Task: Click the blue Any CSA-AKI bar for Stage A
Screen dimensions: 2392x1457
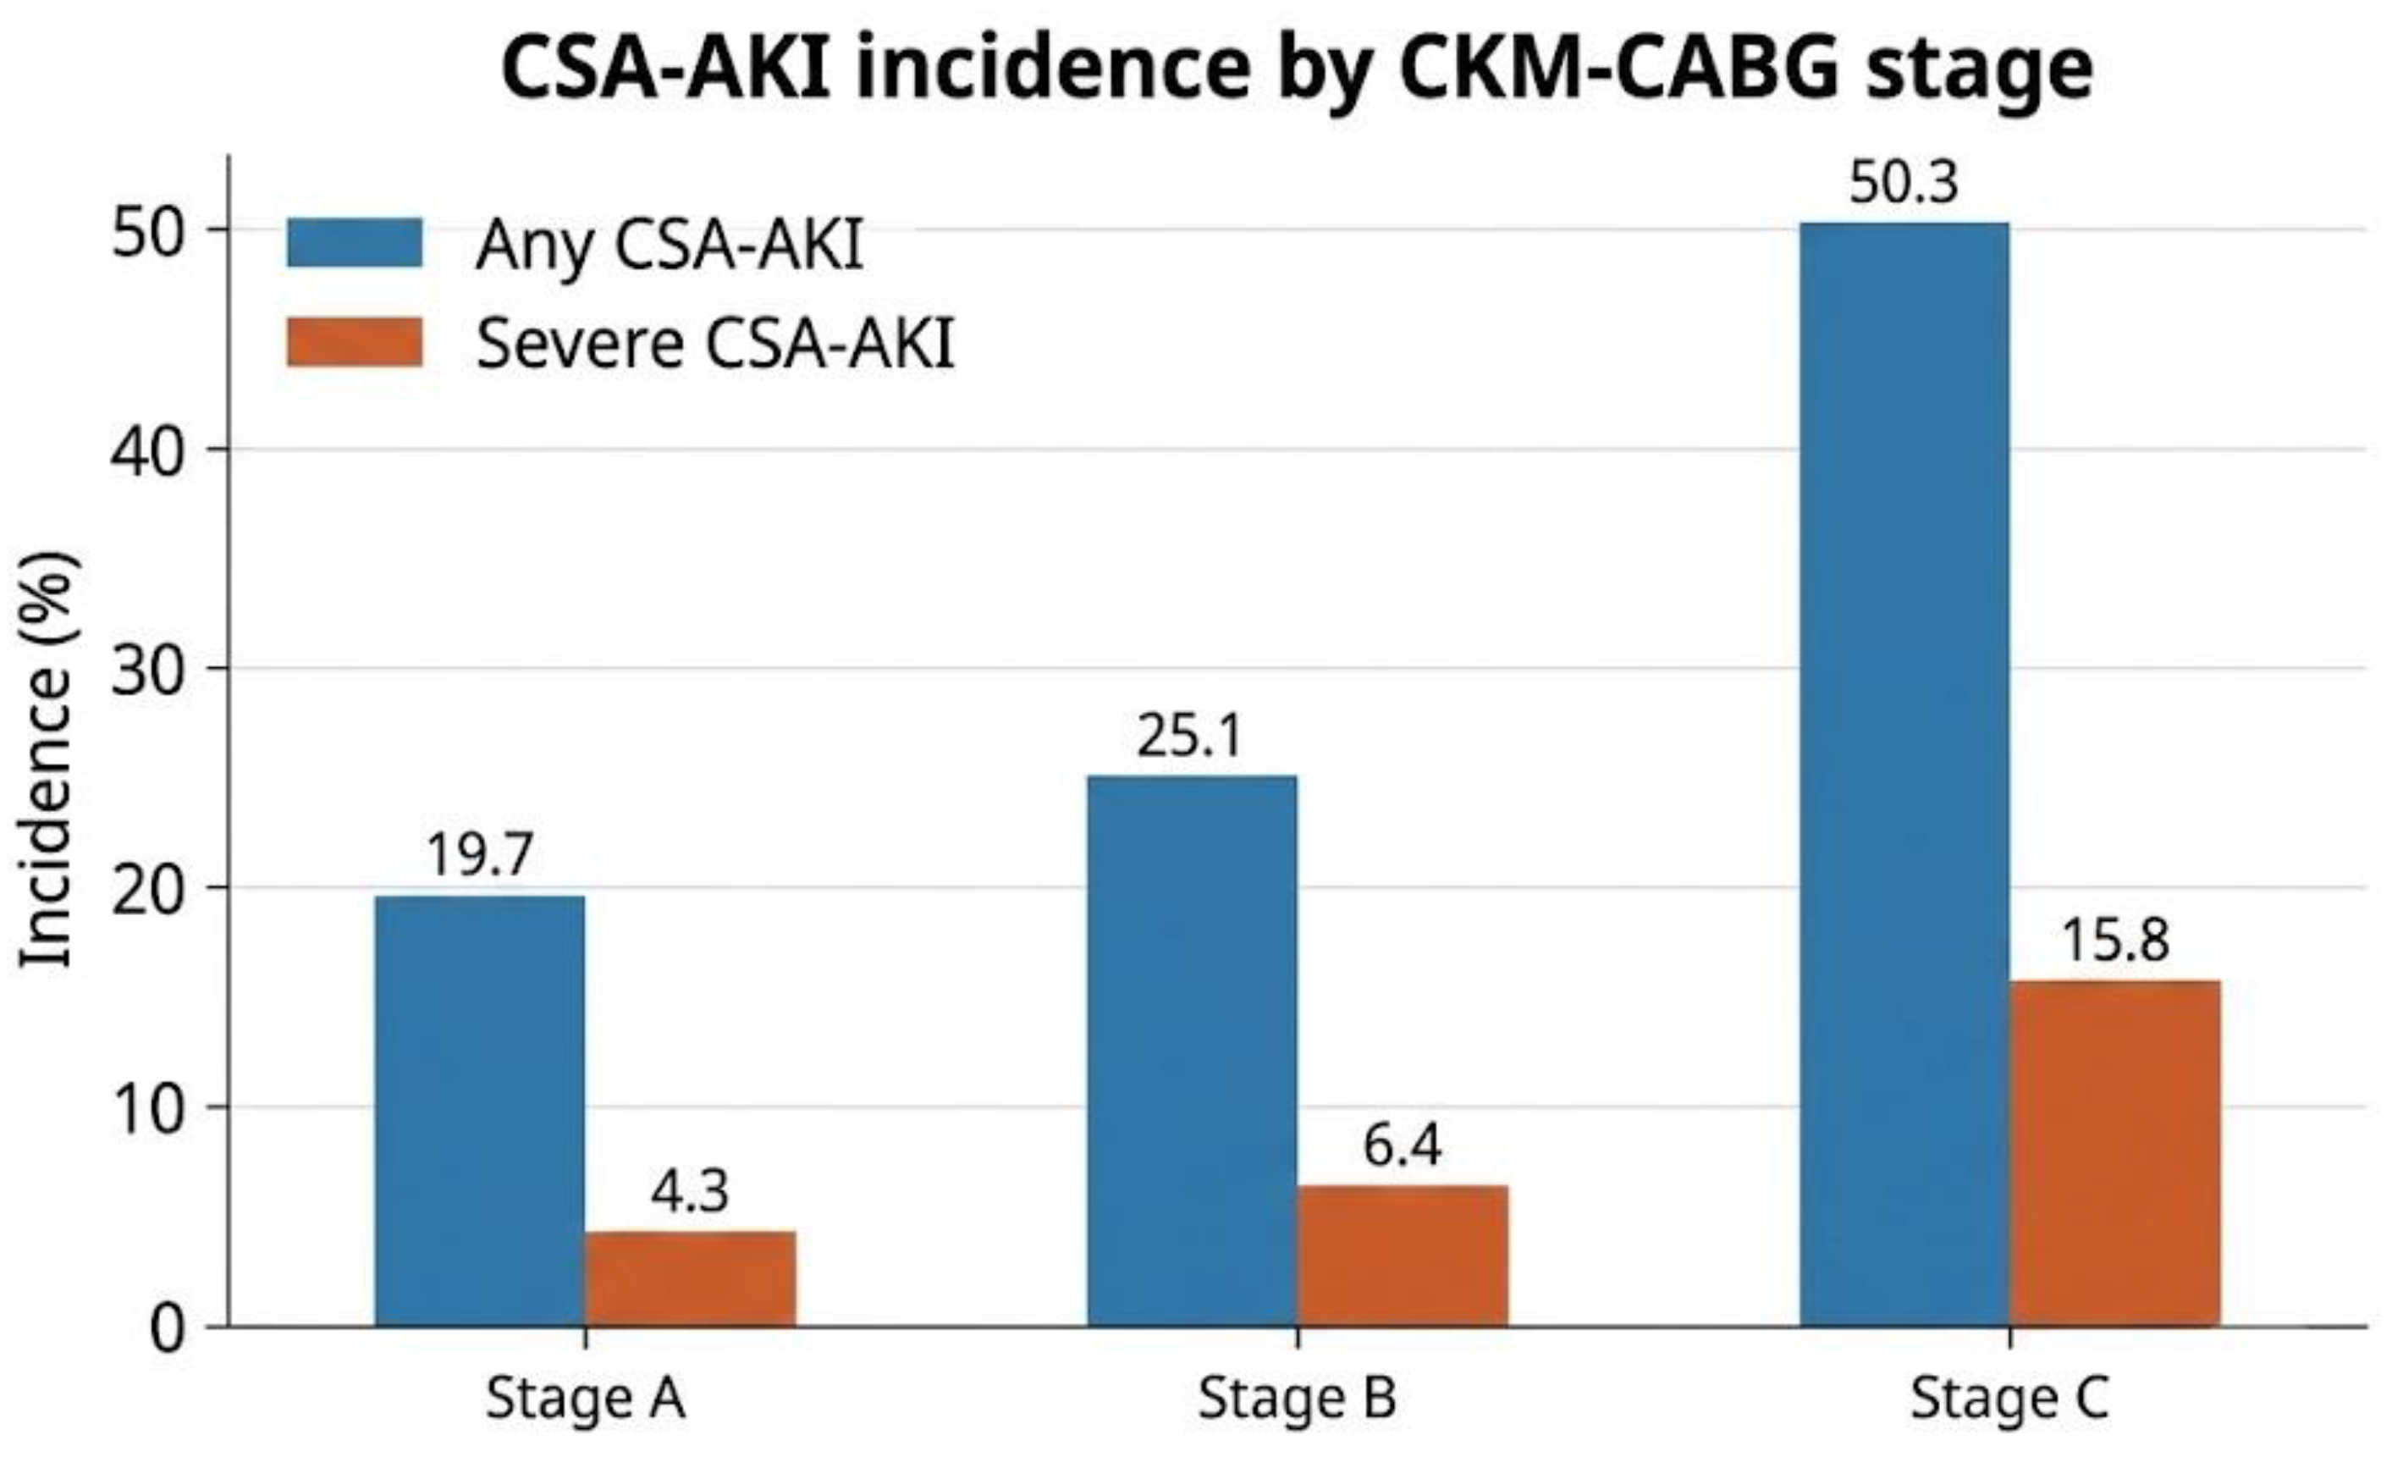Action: coord(480,1111)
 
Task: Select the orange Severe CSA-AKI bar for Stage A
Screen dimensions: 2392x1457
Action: coord(690,1278)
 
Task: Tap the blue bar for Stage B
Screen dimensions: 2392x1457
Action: coord(1191,1051)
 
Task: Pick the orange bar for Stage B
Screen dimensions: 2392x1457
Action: coord(1403,1256)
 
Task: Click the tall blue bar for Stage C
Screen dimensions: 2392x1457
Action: coord(1904,775)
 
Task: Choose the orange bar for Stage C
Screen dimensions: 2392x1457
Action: coord(2115,1153)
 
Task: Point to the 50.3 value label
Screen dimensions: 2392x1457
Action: coord(1904,183)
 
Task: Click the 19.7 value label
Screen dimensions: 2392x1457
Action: coord(480,855)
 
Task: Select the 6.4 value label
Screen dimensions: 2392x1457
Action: coord(1403,1145)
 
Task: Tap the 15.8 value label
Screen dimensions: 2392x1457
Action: coord(2115,941)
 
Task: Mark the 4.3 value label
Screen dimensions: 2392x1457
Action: coord(689,1191)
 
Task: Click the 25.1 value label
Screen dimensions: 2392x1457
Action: coord(1190,736)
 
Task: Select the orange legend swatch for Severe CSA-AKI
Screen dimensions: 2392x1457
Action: coord(355,342)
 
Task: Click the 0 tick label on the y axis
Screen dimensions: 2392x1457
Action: coord(167,1329)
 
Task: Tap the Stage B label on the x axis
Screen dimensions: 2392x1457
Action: coord(1297,1399)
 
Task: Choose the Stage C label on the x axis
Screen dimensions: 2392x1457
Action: coord(2009,1399)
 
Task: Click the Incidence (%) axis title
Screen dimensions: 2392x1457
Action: coord(46,759)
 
